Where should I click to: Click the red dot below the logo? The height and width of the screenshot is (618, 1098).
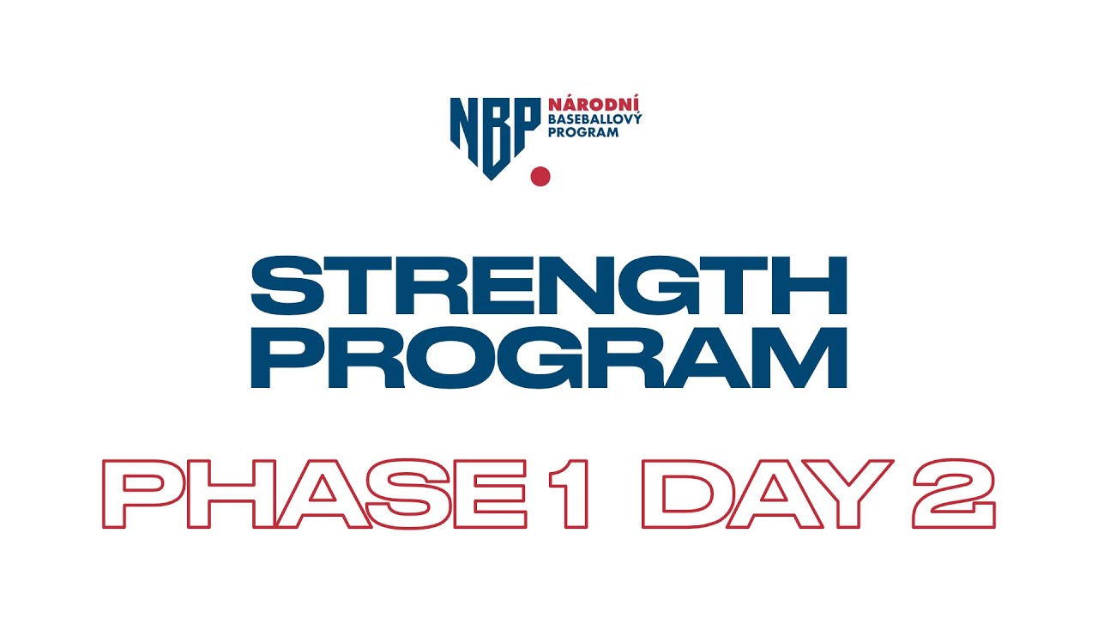click(x=540, y=176)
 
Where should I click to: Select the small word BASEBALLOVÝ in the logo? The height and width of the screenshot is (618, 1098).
click(x=594, y=118)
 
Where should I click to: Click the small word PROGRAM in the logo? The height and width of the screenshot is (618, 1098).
click(x=583, y=132)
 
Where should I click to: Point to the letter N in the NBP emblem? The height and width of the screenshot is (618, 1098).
click(x=464, y=124)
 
